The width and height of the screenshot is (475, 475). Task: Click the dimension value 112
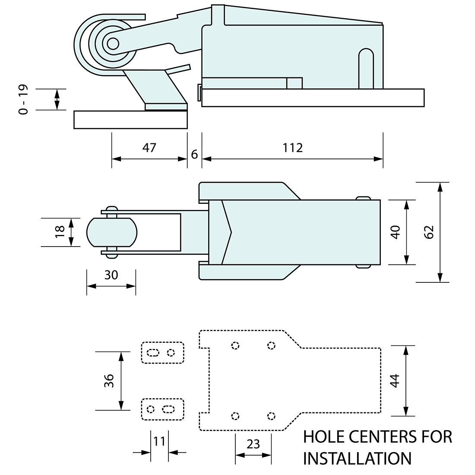click(293, 148)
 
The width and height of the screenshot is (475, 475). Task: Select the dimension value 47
click(149, 148)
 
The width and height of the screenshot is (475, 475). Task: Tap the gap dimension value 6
click(194, 154)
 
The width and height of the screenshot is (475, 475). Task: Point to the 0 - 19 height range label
click(24, 99)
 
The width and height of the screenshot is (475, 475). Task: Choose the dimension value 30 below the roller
click(111, 275)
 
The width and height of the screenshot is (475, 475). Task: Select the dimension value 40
click(395, 232)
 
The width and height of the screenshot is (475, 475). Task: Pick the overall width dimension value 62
click(429, 232)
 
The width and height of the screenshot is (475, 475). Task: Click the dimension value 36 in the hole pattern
click(109, 380)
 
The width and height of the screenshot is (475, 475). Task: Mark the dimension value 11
click(159, 441)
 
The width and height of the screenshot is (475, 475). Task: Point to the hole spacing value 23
click(253, 443)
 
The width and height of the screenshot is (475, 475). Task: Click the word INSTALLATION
click(357, 458)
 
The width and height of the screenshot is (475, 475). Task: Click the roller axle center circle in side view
click(113, 43)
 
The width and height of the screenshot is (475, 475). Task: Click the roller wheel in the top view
click(111, 232)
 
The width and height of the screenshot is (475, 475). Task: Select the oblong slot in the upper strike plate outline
click(153, 352)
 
